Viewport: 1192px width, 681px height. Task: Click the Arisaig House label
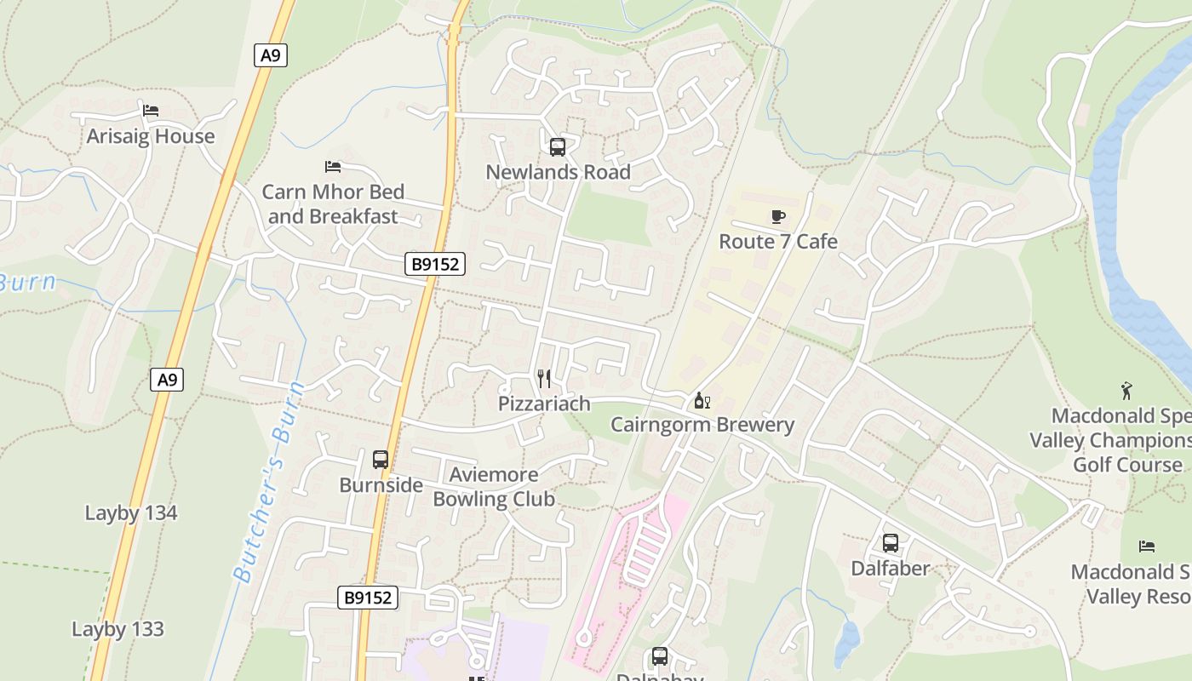pyautogui.click(x=151, y=136)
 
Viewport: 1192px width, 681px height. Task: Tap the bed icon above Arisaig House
pyautogui.click(x=151, y=111)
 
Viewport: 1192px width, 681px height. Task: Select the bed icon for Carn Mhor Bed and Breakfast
pyautogui.click(x=333, y=166)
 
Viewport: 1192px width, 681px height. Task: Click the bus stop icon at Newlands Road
pyautogui.click(x=558, y=147)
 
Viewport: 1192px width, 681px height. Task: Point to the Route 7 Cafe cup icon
pyautogui.click(x=777, y=216)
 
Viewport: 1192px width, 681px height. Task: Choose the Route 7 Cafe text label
pyautogui.click(x=778, y=242)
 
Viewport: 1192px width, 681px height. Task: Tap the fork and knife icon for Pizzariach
pyautogui.click(x=544, y=379)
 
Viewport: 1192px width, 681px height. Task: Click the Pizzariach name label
pyautogui.click(x=544, y=403)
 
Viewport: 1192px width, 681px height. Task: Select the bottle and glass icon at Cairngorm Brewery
pyautogui.click(x=702, y=400)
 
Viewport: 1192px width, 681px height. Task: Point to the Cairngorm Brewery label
pyautogui.click(x=702, y=425)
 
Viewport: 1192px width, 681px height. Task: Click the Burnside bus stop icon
pyautogui.click(x=381, y=460)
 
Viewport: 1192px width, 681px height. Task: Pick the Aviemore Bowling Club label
pyautogui.click(x=494, y=487)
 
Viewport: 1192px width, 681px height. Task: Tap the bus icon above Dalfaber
pyautogui.click(x=891, y=543)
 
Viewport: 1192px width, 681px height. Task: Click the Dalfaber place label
pyautogui.click(x=891, y=568)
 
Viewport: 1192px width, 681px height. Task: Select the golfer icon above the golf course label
pyautogui.click(x=1127, y=391)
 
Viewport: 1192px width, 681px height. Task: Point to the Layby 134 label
pyautogui.click(x=131, y=513)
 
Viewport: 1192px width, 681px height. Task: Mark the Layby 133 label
pyautogui.click(x=117, y=630)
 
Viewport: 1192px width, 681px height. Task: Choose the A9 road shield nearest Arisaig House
pyautogui.click(x=271, y=56)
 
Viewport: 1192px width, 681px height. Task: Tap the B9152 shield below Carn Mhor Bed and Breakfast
pyautogui.click(x=435, y=264)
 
